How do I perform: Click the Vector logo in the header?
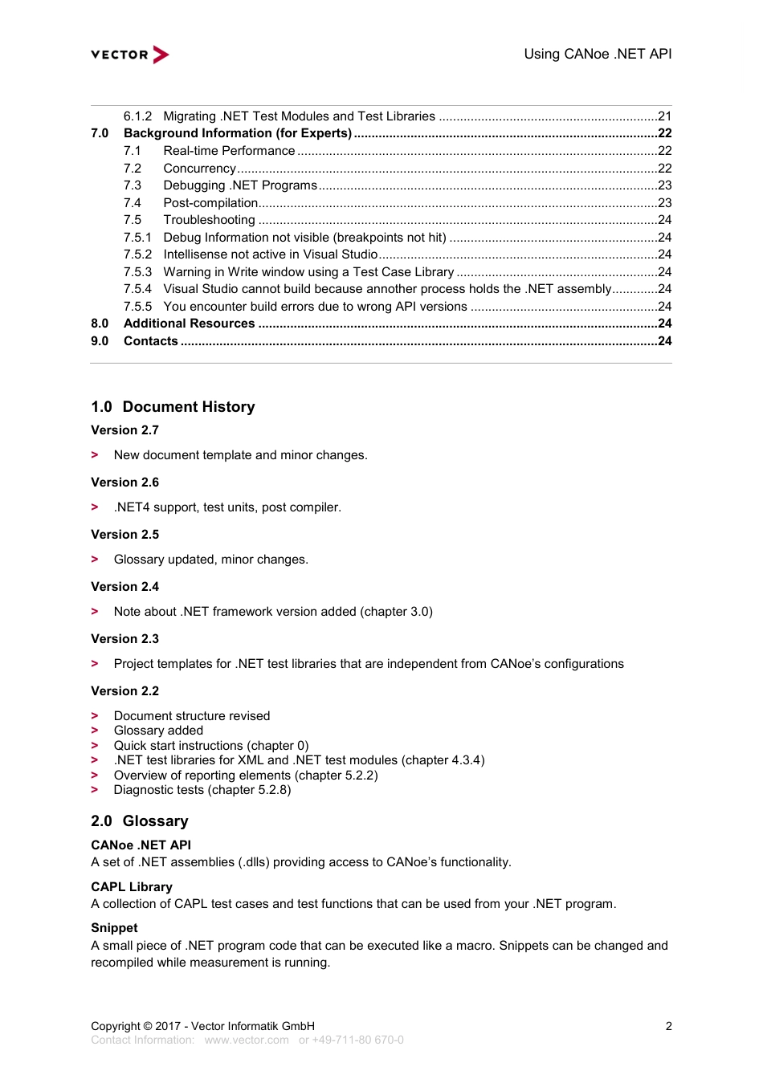click(130, 55)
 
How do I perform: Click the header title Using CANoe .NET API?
click(598, 54)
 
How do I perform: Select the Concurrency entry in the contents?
click(199, 169)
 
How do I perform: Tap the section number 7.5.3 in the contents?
click(137, 272)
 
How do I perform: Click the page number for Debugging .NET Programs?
click(664, 185)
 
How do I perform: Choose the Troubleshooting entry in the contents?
click(209, 220)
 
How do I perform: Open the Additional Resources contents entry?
click(189, 324)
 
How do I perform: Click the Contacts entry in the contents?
click(151, 341)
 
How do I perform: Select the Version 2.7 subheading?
click(125, 430)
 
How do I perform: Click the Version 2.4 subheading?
click(125, 587)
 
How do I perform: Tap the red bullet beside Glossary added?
click(95, 731)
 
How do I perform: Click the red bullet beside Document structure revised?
click(95, 716)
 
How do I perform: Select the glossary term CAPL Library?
click(132, 887)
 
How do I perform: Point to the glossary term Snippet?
click(114, 928)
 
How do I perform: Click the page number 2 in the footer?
click(668, 1026)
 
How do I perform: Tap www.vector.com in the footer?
click(247, 1040)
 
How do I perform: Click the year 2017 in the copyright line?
click(168, 1026)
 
